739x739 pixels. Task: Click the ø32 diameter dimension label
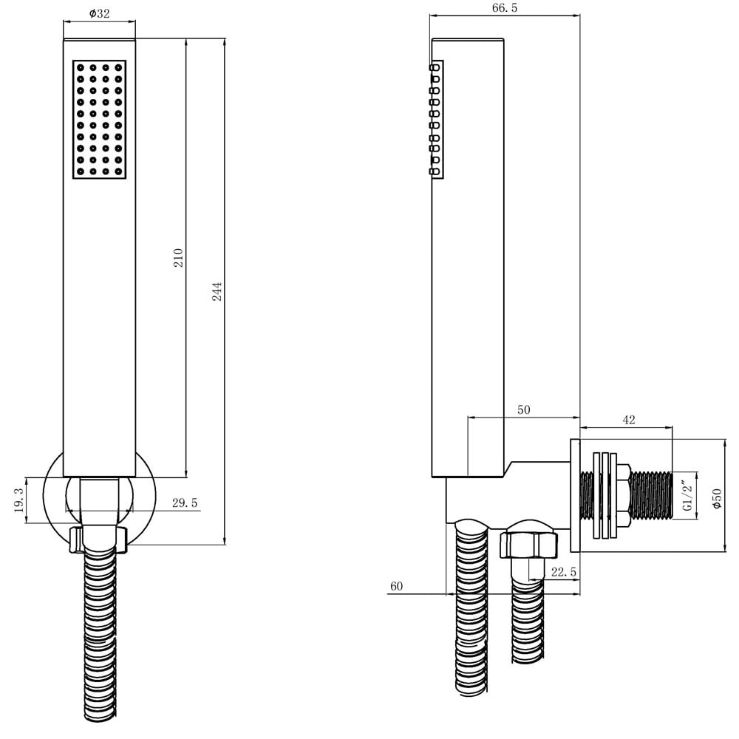[99, 14]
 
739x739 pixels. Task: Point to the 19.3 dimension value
[19, 500]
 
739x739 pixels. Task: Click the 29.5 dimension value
[185, 503]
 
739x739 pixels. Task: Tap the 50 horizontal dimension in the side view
[524, 409]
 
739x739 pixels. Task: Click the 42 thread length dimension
[629, 420]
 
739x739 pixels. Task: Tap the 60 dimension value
[396, 586]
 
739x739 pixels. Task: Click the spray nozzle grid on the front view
[100, 120]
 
